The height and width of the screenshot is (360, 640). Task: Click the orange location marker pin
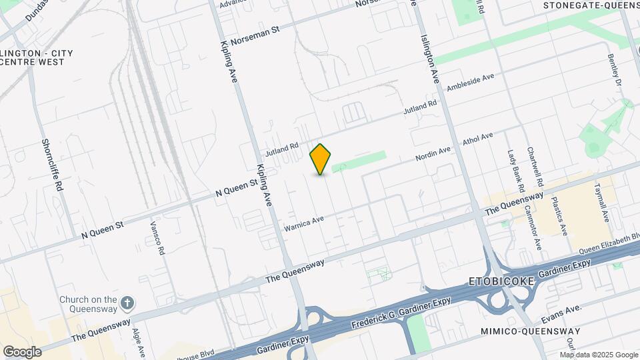(321, 159)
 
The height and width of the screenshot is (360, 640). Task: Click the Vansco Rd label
(156, 238)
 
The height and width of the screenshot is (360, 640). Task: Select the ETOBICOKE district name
(502, 281)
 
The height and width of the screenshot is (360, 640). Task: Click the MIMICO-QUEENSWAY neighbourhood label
(531, 331)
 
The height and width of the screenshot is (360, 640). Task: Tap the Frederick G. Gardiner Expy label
(400, 314)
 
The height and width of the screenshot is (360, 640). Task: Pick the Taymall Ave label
(602, 202)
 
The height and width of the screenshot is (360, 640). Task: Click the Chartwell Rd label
(536, 167)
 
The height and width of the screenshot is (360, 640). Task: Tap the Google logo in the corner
(22, 351)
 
